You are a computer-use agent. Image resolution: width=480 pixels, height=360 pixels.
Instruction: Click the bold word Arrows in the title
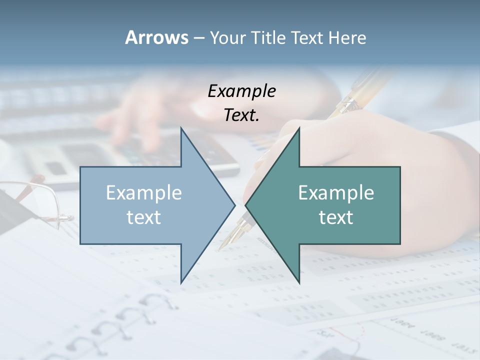[x=156, y=37]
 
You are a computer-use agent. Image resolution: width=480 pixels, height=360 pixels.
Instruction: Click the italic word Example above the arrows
[x=241, y=91]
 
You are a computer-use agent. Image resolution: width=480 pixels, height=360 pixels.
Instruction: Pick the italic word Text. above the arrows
[x=241, y=115]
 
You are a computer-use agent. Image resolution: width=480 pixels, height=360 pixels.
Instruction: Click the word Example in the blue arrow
[x=144, y=193]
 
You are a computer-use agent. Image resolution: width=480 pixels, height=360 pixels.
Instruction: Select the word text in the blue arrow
[x=144, y=217]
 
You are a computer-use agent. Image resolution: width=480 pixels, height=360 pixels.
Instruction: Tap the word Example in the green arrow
[x=336, y=193]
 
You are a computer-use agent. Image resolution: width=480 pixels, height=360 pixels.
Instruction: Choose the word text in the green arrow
[x=336, y=217]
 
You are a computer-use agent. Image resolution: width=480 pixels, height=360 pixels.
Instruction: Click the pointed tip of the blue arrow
[x=234, y=205]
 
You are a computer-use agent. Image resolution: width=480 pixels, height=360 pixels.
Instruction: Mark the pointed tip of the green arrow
[x=246, y=205]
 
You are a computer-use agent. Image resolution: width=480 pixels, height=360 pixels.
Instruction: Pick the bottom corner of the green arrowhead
[x=298, y=282]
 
